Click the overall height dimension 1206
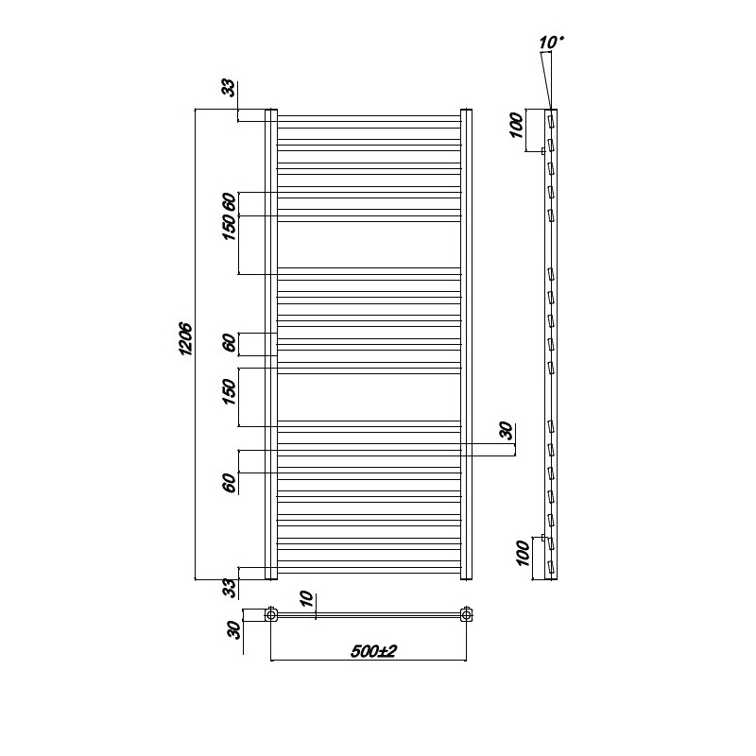(186, 339)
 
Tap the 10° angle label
(551, 42)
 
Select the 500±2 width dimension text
(373, 651)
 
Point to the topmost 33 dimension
(231, 88)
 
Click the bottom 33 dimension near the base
(231, 588)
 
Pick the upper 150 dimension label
(230, 228)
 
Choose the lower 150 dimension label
(230, 391)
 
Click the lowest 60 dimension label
(230, 483)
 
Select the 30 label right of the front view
(506, 431)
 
